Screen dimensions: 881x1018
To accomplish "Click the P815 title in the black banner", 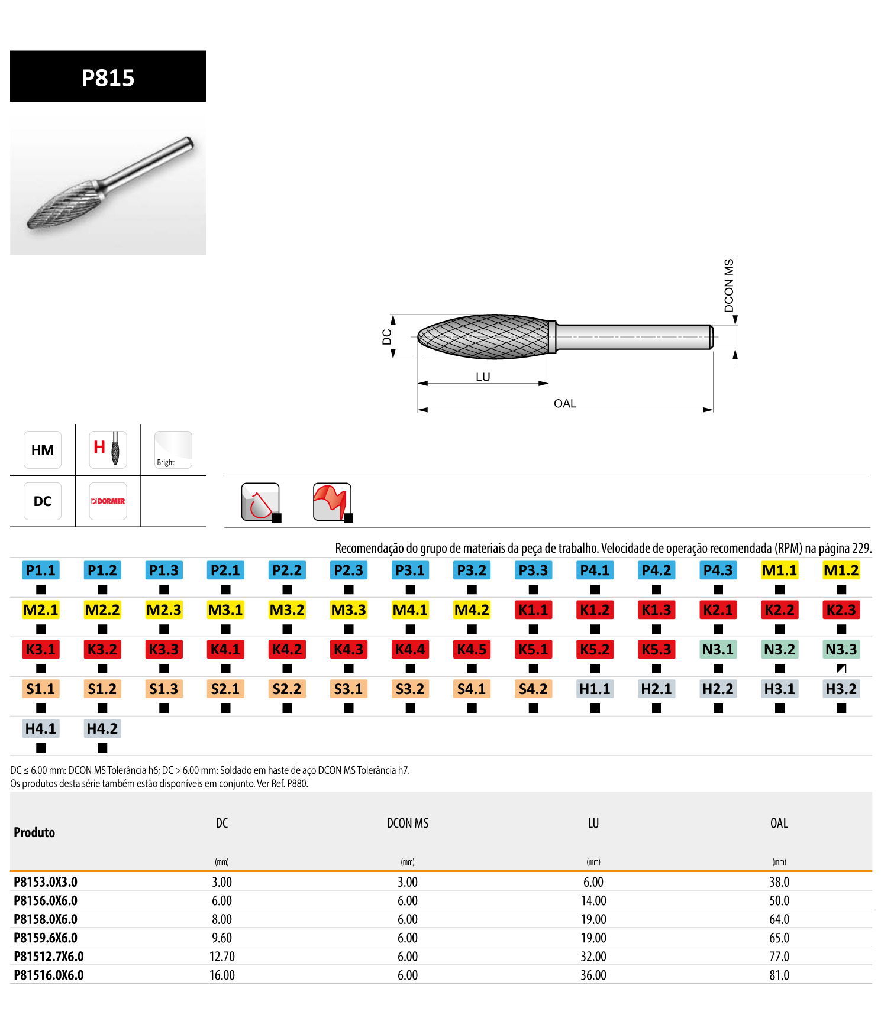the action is pyautogui.click(x=108, y=77).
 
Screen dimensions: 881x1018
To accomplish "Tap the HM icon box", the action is pyautogui.click(x=43, y=450).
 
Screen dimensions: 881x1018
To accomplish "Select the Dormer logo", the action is pyautogui.click(x=108, y=501).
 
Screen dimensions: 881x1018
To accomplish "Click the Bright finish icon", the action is pyautogui.click(x=173, y=450).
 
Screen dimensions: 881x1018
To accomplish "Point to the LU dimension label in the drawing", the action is pyautogui.click(x=483, y=377).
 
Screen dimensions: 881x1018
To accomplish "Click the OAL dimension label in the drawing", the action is pyautogui.click(x=565, y=404).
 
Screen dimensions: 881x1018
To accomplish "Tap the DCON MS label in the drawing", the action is pyautogui.click(x=729, y=286).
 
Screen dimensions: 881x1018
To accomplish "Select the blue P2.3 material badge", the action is pyautogui.click(x=348, y=570).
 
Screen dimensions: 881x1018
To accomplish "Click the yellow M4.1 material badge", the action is pyautogui.click(x=410, y=610).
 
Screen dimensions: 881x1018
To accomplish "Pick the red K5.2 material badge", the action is pyautogui.click(x=595, y=650).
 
